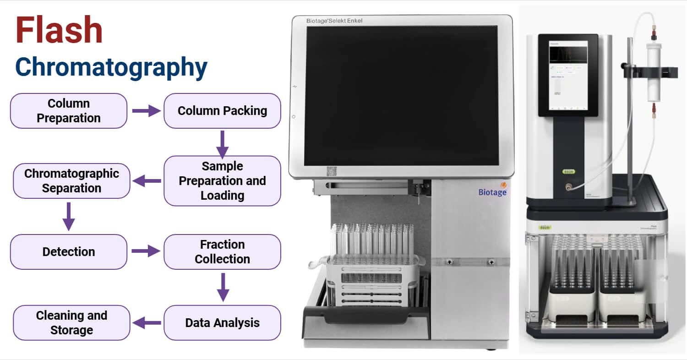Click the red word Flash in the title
coord(59,30)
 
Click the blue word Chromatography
coord(111,67)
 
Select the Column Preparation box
coord(69,111)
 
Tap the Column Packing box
coord(222,111)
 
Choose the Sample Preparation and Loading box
coord(222,181)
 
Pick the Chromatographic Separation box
coord(71,181)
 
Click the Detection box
coord(69,251)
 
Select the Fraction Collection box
coord(222,251)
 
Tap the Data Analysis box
coord(222,322)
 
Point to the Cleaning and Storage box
coord(71,322)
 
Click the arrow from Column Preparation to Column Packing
coord(146,111)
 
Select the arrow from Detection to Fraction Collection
coord(146,251)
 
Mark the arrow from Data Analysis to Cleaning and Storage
coord(147,322)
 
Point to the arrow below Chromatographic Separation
coord(69,216)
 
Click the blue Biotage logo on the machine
coord(493,191)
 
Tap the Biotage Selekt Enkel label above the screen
coord(334,21)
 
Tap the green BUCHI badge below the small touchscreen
coord(568,173)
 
